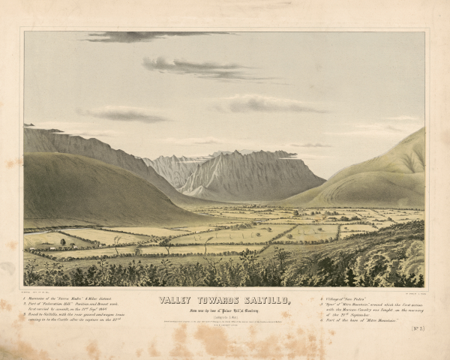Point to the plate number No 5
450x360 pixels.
(x=418, y=328)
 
